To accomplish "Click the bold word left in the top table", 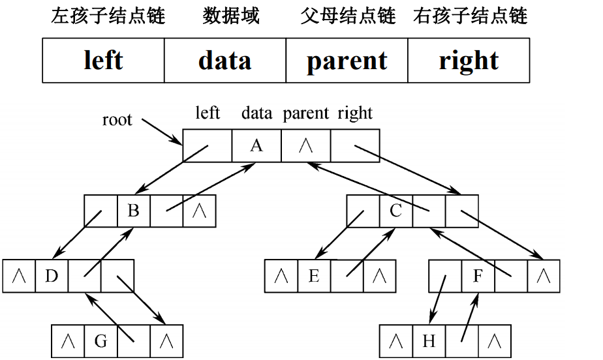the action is (x=103, y=61).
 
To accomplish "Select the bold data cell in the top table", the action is (x=224, y=61).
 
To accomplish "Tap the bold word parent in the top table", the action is (x=347, y=61).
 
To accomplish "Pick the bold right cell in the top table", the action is (x=469, y=61).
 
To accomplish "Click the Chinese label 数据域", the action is (x=231, y=16).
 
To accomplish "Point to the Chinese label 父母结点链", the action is (x=348, y=16).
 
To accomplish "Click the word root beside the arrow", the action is (x=117, y=120).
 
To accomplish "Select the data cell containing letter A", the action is (x=256, y=145).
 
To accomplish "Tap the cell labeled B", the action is (x=134, y=211).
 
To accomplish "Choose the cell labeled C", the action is (x=396, y=211).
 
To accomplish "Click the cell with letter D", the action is (x=52, y=276).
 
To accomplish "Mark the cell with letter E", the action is (x=314, y=276).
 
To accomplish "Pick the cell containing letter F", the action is (x=478, y=276).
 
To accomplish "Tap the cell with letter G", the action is (x=101, y=340).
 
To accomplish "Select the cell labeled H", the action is (x=429, y=340).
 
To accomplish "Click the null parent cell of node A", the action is (x=305, y=145).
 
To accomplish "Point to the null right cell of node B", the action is (x=199, y=211).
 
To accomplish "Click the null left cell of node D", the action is (x=19, y=276).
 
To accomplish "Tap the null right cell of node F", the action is (x=544, y=276).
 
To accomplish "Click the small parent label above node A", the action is (x=305, y=113).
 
